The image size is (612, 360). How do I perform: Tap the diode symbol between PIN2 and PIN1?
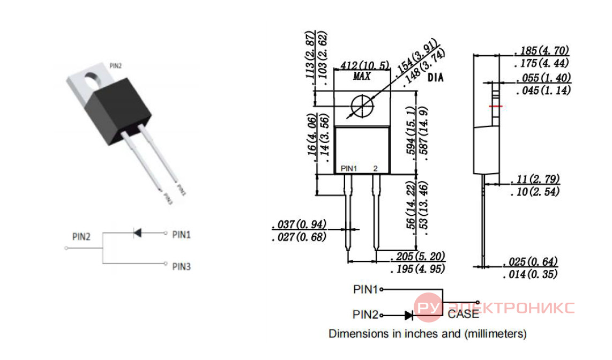click(x=137, y=233)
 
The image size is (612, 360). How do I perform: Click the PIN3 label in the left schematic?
click(x=182, y=266)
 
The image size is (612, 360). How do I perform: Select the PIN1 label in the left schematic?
click(x=182, y=235)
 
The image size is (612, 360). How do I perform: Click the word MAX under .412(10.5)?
click(x=361, y=76)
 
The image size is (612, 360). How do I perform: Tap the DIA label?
click(x=436, y=78)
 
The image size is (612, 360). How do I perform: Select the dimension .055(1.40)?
click(x=544, y=78)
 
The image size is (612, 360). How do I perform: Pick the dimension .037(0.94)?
click(x=300, y=224)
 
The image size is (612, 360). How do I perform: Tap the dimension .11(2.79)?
click(x=535, y=179)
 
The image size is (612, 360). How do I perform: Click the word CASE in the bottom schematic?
click(x=464, y=314)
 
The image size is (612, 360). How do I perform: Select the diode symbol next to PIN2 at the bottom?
click(x=409, y=315)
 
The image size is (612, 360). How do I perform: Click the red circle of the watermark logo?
click(x=428, y=307)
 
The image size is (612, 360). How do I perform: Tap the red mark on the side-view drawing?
click(x=495, y=106)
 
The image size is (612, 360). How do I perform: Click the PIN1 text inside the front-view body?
click(x=349, y=169)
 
